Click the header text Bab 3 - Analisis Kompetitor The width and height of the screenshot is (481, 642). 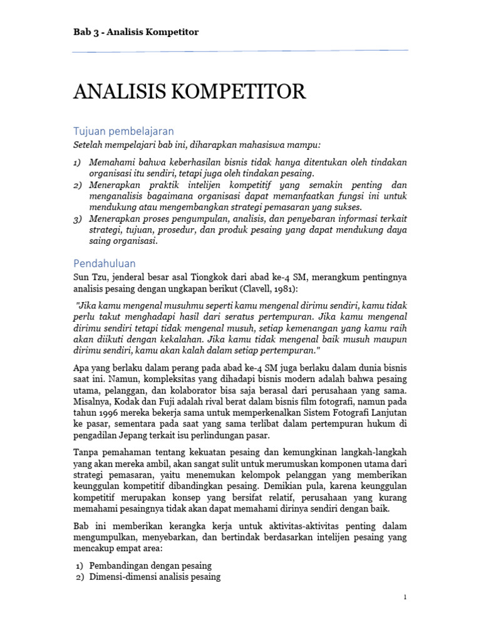(136, 32)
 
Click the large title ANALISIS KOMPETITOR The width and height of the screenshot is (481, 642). (189, 93)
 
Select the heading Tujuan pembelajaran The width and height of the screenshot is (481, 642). (123, 131)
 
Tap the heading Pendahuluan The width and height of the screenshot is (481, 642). (104, 263)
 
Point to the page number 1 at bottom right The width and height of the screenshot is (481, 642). (405, 597)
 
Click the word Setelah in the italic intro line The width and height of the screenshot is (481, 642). (90, 145)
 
